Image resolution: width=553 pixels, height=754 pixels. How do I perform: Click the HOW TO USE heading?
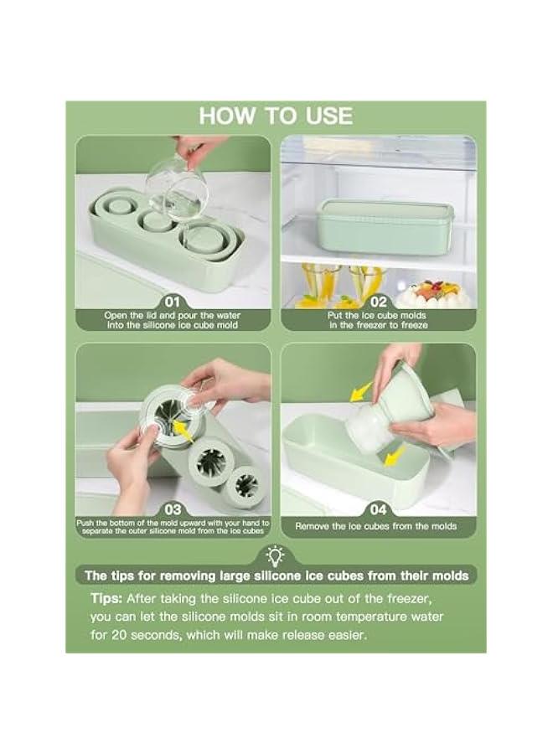(276, 116)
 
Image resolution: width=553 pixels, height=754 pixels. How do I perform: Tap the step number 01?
(172, 302)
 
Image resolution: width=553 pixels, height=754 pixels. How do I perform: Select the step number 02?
(379, 302)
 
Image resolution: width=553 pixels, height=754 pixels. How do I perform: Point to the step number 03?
(173, 509)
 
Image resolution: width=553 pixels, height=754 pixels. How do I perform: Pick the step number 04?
(379, 509)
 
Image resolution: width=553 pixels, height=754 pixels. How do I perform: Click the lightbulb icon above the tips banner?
(276, 556)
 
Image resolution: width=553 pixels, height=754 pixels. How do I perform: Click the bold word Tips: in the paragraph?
(106, 599)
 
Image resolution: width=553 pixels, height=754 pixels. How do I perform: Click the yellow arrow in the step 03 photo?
(183, 430)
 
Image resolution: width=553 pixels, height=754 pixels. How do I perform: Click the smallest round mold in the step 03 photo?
(245, 486)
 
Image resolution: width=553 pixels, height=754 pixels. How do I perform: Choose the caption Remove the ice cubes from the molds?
(375, 527)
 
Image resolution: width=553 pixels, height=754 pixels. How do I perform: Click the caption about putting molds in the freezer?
(378, 320)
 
